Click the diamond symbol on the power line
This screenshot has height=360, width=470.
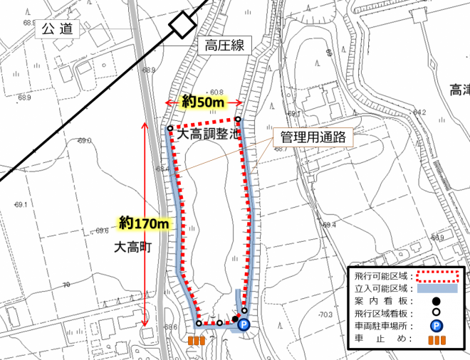point(182,26)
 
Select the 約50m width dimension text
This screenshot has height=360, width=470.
point(203,102)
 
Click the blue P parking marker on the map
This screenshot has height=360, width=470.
point(244,325)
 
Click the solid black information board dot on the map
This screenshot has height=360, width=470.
point(235,319)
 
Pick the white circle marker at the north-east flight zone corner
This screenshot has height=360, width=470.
point(239,120)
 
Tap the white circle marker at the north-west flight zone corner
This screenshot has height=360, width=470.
point(171,129)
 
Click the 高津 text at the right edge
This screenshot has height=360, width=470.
point(459,90)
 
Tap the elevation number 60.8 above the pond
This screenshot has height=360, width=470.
point(216,92)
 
